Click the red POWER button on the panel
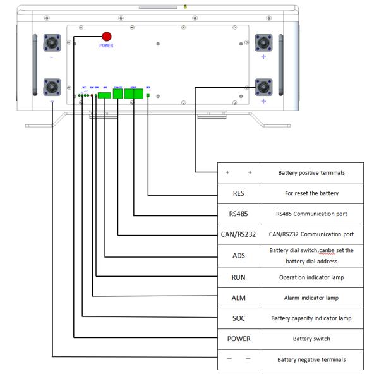click(107, 36)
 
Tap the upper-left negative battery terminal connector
click(52, 43)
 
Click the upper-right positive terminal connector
click(263, 43)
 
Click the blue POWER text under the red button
click(107, 46)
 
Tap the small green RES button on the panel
click(148, 95)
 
